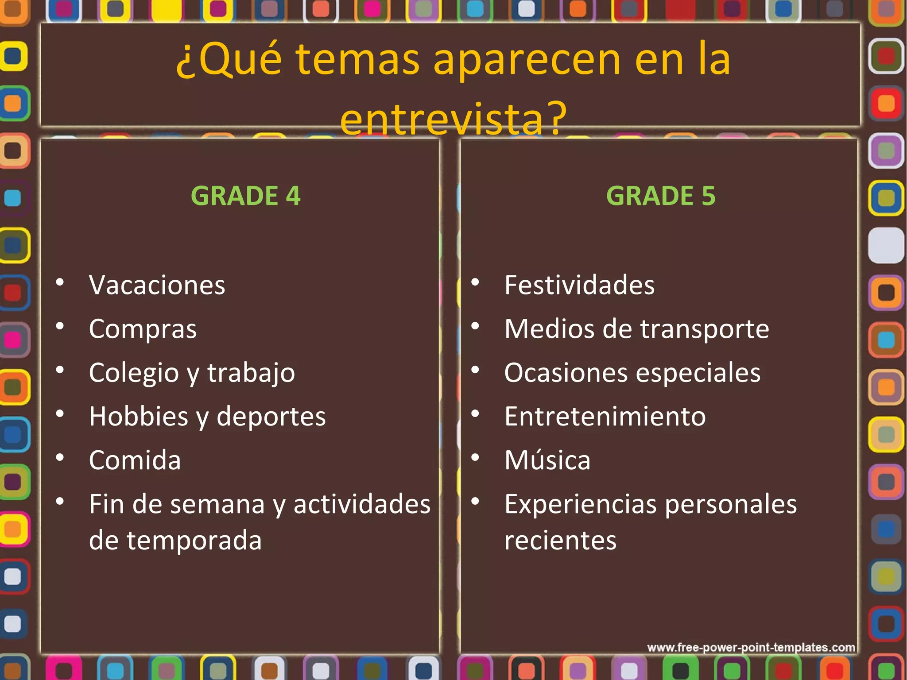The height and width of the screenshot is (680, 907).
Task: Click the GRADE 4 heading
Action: [245, 196]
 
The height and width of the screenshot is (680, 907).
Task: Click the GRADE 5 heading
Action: [660, 196]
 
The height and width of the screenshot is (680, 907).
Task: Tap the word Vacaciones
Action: [157, 285]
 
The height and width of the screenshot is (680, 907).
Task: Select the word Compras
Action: [143, 329]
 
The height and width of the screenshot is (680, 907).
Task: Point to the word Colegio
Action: [133, 373]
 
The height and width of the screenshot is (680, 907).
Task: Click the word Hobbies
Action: [139, 417]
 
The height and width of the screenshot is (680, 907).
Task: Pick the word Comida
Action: [135, 460]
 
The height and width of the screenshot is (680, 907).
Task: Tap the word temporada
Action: [194, 541]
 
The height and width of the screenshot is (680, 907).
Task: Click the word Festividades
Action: [579, 285]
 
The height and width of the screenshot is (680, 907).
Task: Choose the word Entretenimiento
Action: [605, 417]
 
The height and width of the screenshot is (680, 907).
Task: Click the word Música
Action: [547, 460]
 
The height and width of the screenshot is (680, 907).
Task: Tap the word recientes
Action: [560, 541]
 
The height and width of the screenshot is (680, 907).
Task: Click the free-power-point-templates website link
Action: [751, 648]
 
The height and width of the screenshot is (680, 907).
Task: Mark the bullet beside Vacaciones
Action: [60, 282]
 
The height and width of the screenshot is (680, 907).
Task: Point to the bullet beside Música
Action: [475, 457]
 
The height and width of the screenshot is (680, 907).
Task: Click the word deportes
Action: [271, 417]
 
